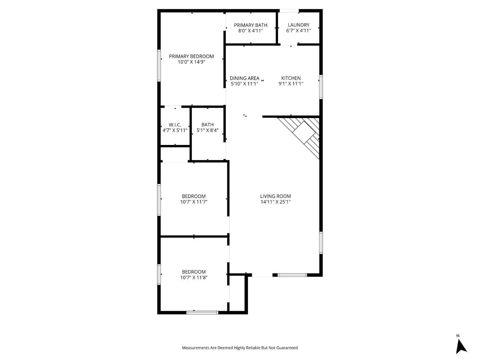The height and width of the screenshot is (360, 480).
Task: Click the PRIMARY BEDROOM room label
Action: tap(191, 56)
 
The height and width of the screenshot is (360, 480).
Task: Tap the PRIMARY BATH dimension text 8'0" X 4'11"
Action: tap(251, 31)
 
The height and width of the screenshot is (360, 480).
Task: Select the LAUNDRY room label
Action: tap(299, 25)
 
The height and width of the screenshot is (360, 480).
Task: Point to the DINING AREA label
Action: tap(244, 78)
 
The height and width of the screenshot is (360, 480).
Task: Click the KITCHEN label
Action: tap(291, 78)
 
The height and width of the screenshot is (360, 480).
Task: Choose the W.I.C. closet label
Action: tap(175, 125)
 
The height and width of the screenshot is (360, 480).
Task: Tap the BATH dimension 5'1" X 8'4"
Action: tap(208, 131)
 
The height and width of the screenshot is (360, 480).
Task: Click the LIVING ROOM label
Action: tap(276, 196)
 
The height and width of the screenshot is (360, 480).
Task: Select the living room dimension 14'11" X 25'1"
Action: tap(276, 202)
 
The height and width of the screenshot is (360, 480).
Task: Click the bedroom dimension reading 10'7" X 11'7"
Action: tap(194, 202)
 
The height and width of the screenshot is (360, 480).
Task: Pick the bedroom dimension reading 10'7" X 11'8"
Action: tap(194, 277)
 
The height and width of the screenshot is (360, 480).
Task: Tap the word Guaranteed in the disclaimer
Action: tap(287, 348)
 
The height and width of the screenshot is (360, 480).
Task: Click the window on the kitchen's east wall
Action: tap(321, 87)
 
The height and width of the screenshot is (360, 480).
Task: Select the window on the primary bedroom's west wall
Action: tap(159, 66)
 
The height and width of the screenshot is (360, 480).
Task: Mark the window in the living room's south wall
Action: tap(292, 275)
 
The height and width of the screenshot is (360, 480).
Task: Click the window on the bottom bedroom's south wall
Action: tap(202, 313)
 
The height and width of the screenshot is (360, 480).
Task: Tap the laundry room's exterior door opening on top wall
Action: tap(289, 11)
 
